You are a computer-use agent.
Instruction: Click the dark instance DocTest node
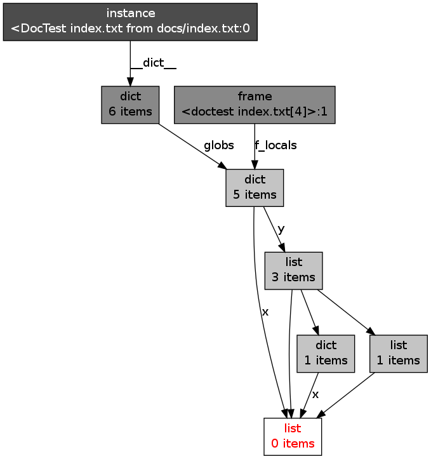coord(130,22)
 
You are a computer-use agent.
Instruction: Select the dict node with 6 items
coord(130,104)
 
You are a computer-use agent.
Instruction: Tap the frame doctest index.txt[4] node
coord(255,104)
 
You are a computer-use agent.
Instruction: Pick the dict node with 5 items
coord(255,187)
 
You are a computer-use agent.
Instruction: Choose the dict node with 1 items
coord(326,353)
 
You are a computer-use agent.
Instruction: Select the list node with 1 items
coord(399,353)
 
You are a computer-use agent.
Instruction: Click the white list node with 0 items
coord(293,436)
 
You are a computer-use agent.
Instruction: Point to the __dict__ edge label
coord(153,63)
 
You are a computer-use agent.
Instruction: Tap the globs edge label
coord(218,145)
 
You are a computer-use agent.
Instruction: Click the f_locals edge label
coord(275,145)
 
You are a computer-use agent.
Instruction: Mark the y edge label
coord(281,229)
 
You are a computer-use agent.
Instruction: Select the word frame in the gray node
coord(255,96)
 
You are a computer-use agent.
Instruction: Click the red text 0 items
coord(293,444)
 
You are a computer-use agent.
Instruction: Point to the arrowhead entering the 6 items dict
coord(130,82)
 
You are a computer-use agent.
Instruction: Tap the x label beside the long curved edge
coord(265,312)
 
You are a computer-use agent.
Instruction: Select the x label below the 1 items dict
coord(315,394)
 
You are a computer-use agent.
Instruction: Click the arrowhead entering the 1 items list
coord(370,331)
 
